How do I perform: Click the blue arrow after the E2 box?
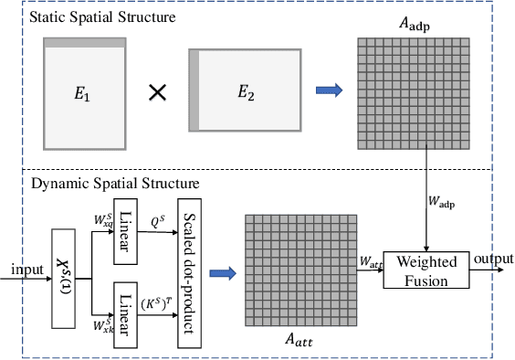coord(330,90)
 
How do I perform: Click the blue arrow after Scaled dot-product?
coord(222,271)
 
